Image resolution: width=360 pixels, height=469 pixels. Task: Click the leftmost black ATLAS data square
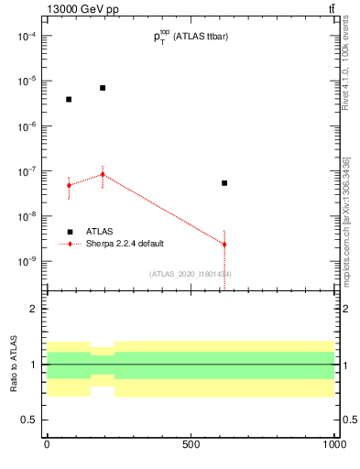coord(69,99)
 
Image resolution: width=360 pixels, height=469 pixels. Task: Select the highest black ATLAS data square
coord(103,88)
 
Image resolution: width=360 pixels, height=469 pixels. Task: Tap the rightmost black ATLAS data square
coord(224,183)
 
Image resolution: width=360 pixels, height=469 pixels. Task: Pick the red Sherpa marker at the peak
coord(103,174)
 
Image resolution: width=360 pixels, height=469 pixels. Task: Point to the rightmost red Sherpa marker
coord(224,245)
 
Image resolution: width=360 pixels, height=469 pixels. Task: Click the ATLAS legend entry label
coord(99,232)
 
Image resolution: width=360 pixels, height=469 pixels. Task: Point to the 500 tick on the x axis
coord(191,444)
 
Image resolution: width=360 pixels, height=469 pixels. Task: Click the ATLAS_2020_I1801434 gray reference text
coord(191,274)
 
